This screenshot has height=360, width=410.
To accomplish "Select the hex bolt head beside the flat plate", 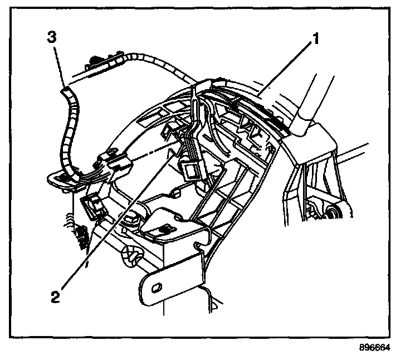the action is click(x=131, y=219).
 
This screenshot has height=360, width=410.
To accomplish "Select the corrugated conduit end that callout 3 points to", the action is click(x=65, y=89).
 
